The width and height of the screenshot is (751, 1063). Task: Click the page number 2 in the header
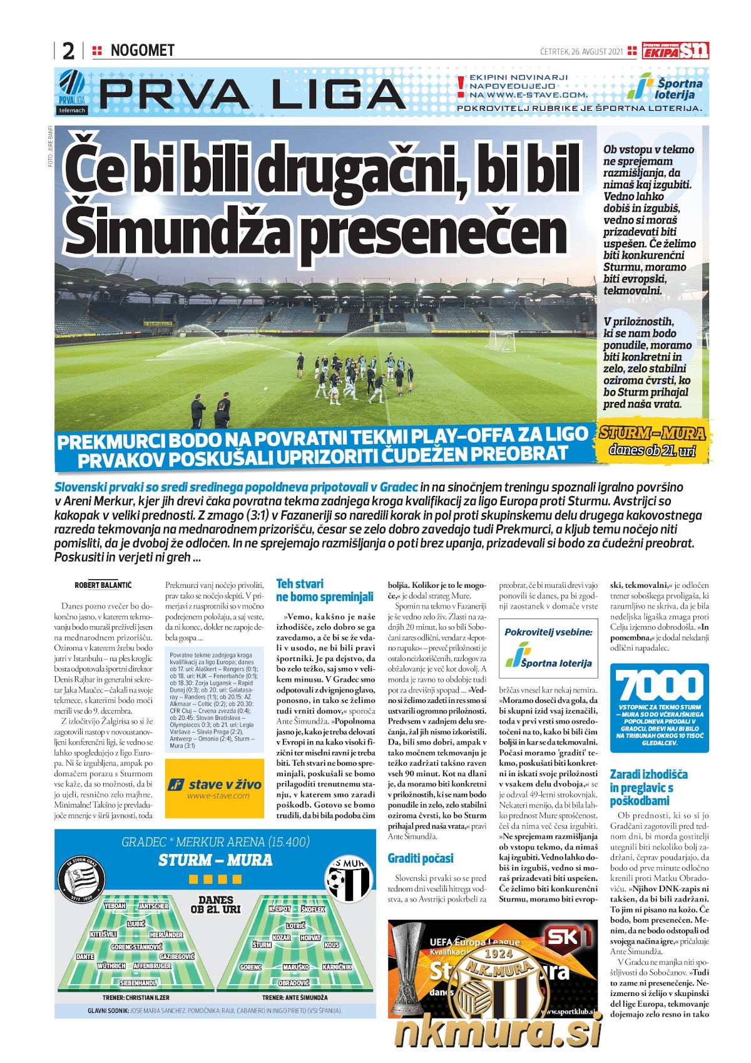click(68, 51)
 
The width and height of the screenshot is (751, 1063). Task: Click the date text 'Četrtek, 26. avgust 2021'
click(581, 51)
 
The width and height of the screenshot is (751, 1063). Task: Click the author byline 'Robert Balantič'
click(103, 585)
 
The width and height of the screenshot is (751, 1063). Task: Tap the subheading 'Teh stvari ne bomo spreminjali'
click(324, 590)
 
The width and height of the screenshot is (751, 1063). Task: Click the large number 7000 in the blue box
click(659, 685)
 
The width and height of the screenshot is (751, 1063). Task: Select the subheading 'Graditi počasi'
click(421, 858)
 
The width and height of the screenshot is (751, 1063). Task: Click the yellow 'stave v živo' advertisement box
click(215, 788)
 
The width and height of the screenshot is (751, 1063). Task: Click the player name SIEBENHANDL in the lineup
click(138, 983)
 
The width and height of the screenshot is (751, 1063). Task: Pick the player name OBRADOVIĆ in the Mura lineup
click(294, 983)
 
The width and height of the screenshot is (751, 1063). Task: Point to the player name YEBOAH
click(115, 906)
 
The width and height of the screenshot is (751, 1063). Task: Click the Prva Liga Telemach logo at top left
click(72, 91)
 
